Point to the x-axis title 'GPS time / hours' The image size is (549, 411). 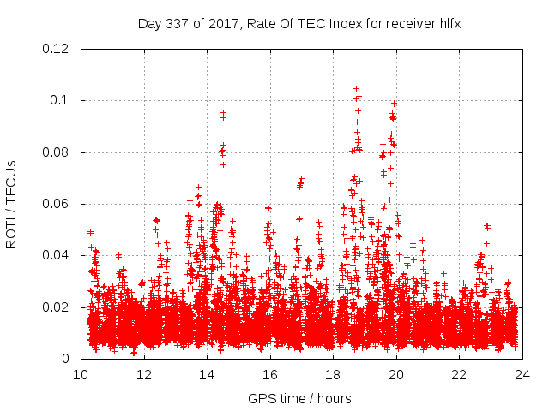pyautogui.click(x=299, y=398)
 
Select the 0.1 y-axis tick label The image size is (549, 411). pyautogui.click(x=62, y=101)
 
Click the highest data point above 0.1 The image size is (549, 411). pyautogui.click(x=356, y=88)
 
